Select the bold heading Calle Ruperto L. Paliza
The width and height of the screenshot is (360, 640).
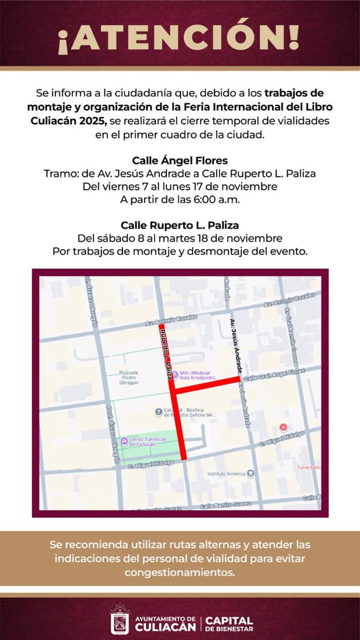(x=179, y=225)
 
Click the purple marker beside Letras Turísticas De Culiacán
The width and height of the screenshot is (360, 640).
(x=124, y=441)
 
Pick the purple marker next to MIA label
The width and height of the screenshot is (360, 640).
(x=175, y=374)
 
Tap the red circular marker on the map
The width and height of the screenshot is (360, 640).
(x=282, y=427)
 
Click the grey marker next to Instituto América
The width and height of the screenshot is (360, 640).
(x=251, y=473)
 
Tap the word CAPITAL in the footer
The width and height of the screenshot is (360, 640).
(x=229, y=621)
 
